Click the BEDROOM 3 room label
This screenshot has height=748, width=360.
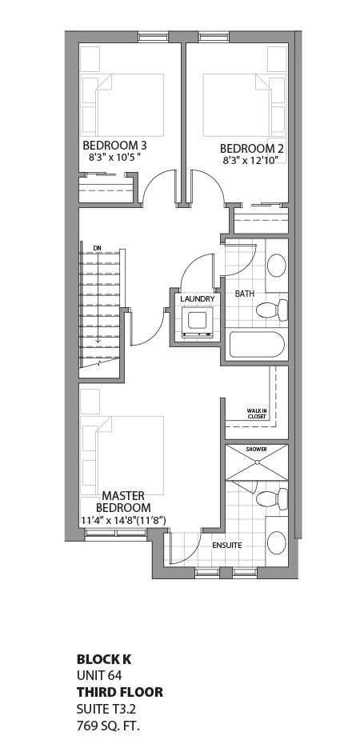[x=115, y=145]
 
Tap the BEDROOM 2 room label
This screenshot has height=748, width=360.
[x=252, y=148]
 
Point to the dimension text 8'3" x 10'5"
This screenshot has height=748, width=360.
[x=115, y=157]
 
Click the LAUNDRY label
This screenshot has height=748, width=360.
[x=197, y=299]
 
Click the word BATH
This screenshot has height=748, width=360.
[x=245, y=294]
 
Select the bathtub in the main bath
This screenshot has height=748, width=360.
[x=256, y=345]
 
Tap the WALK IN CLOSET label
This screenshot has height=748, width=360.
[x=256, y=414]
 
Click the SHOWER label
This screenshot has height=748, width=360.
[x=256, y=450]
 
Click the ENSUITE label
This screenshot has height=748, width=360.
[x=227, y=546]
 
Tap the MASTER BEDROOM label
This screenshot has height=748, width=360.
[x=123, y=502]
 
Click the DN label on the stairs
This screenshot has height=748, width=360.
[x=98, y=248]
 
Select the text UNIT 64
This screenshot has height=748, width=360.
[x=99, y=675]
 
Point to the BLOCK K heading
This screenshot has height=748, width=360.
[x=104, y=659]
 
